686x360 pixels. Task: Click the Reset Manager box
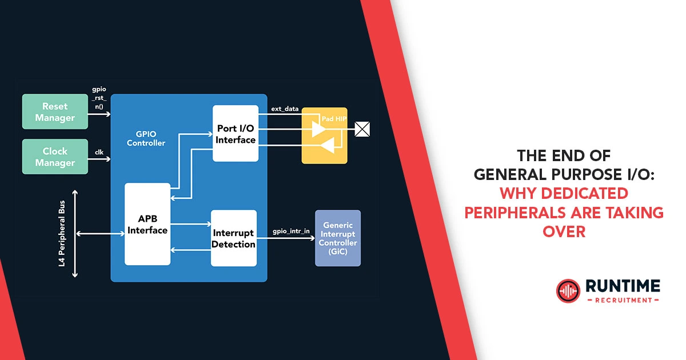pyautogui.click(x=55, y=112)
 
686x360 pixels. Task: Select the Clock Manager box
pyautogui.click(x=55, y=157)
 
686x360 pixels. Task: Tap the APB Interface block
pyautogui.click(x=147, y=224)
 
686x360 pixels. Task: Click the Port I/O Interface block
pyautogui.click(x=236, y=133)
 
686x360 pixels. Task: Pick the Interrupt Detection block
pyautogui.click(x=234, y=238)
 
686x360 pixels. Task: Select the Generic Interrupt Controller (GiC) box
pyautogui.click(x=338, y=238)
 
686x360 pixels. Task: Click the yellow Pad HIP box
pyautogui.click(x=324, y=135)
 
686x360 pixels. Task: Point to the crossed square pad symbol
pyautogui.click(x=362, y=129)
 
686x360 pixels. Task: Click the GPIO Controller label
pyautogui.click(x=146, y=138)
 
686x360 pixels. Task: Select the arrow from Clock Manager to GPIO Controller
pyautogui.click(x=99, y=159)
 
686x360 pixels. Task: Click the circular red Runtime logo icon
pyautogui.click(x=568, y=290)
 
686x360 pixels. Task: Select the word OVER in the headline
pyautogui.click(x=565, y=231)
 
